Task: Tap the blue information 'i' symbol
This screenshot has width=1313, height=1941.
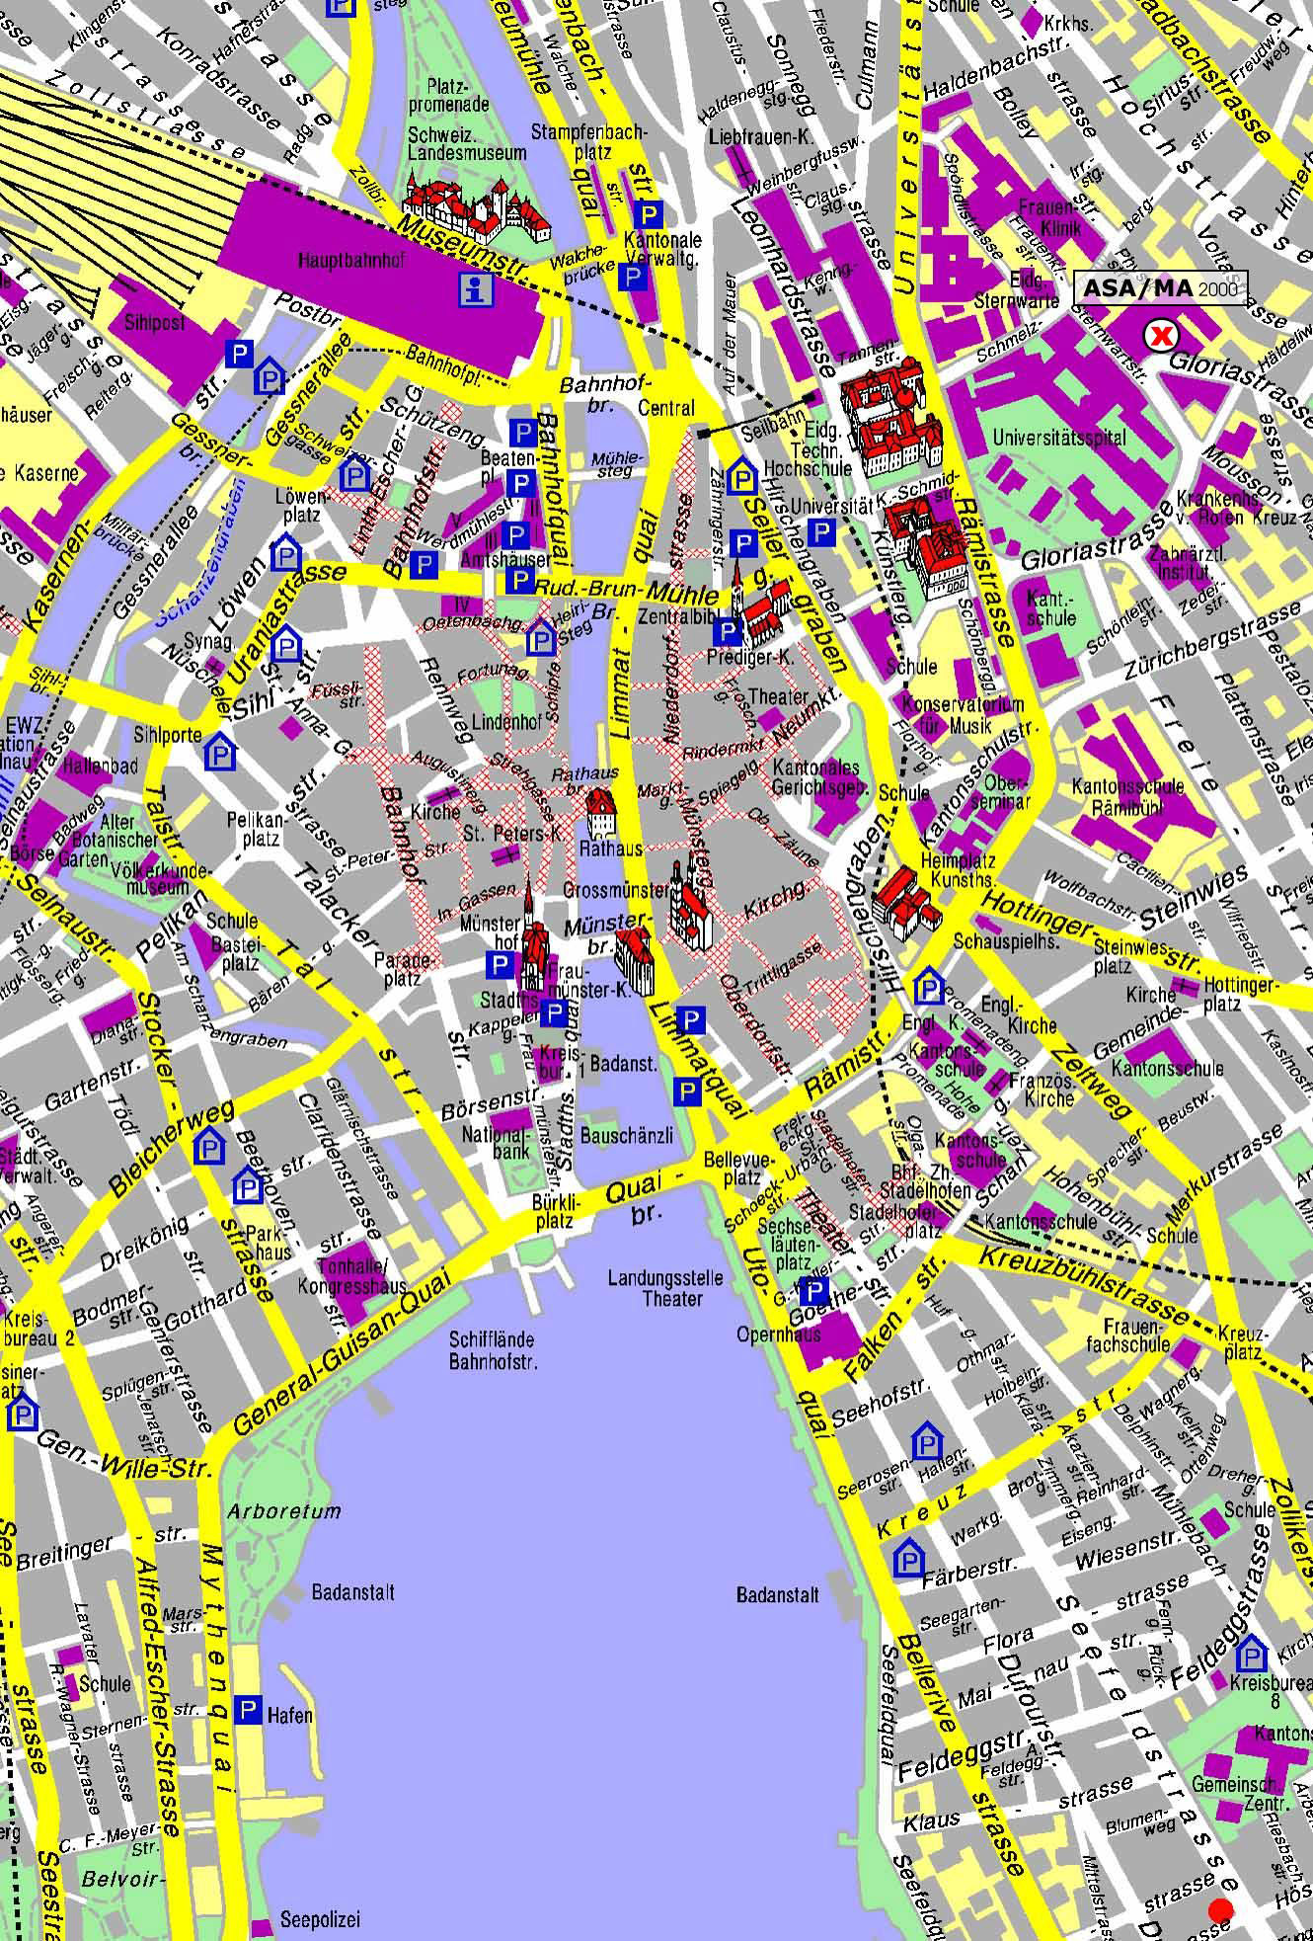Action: click(x=477, y=288)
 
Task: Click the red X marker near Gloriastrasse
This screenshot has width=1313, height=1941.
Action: click(x=1161, y=336)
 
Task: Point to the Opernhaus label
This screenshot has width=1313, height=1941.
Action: click(x=779, y=1334)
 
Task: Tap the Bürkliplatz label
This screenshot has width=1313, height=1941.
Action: click(x=553, y=1213)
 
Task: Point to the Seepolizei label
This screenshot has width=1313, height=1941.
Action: click(x=320, y=1919)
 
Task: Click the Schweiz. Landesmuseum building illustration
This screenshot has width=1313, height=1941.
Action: click(x=477, y=209)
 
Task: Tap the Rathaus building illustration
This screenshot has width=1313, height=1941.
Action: click(x=601, y=815)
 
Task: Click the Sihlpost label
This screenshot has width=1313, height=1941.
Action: click(x=154, y=324)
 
